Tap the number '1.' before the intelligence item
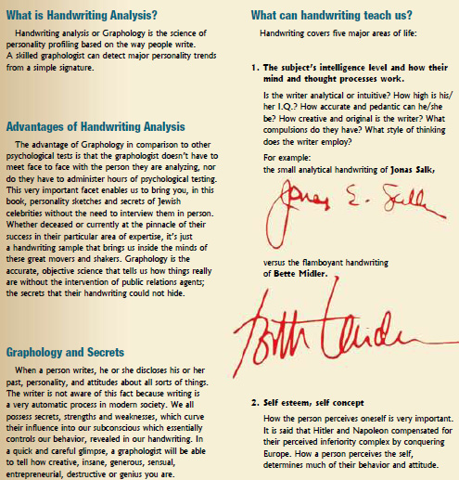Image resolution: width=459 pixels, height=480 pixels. click(255, 68)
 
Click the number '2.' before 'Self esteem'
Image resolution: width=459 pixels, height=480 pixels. click(255, 404)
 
